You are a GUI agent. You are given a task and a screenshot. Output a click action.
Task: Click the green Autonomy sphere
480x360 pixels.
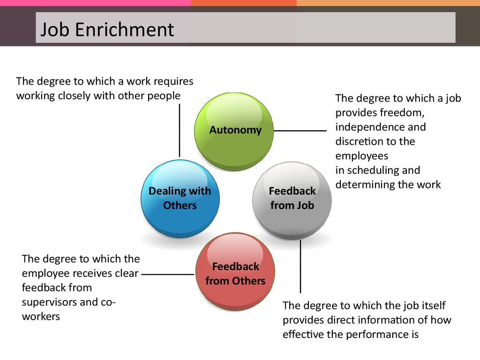click(x=234, y=132)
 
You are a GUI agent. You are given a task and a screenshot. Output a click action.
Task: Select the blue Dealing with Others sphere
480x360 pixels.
click(x=180, y=199)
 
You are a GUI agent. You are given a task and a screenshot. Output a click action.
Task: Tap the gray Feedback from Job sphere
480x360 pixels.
click(x=292, y=200)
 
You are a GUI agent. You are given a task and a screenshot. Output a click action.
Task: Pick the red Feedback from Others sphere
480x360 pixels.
click(x=235, y=272)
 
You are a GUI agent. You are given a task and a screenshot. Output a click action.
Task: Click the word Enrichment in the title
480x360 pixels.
click(x=124, y=30)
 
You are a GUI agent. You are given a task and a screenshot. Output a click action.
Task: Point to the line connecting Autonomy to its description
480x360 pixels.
click(x=300, y=131)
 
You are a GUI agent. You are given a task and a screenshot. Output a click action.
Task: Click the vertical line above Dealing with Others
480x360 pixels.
click(x=180, y=130)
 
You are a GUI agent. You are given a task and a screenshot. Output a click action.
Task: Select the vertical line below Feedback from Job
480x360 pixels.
click(x=300, y=266)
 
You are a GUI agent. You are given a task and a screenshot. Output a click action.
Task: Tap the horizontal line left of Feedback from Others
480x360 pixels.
click(x=168, y=274)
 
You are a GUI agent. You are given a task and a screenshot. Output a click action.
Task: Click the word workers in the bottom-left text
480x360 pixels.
click(x=41, y=316)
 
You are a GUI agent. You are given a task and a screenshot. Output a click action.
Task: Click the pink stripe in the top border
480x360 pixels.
click(x=95, y=3)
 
